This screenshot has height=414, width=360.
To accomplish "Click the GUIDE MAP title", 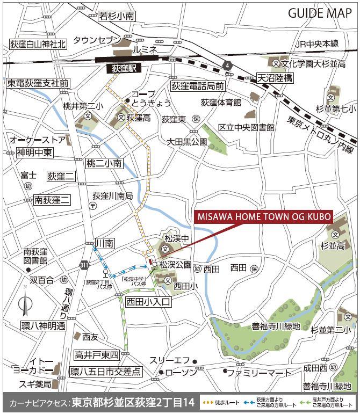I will click(320, 13).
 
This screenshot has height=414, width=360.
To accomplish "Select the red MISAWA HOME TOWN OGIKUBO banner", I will click(263, 217).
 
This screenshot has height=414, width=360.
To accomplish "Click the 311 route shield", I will click(83, 265).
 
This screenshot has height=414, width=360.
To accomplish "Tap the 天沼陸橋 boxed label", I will click(275, 78).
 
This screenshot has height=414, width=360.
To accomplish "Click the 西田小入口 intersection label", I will click(148, 302).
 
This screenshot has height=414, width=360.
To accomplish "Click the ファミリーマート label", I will click(258, 372).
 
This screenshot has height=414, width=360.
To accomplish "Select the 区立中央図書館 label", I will click(246, 127).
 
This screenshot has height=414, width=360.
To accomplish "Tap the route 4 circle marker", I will click(229, 66).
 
